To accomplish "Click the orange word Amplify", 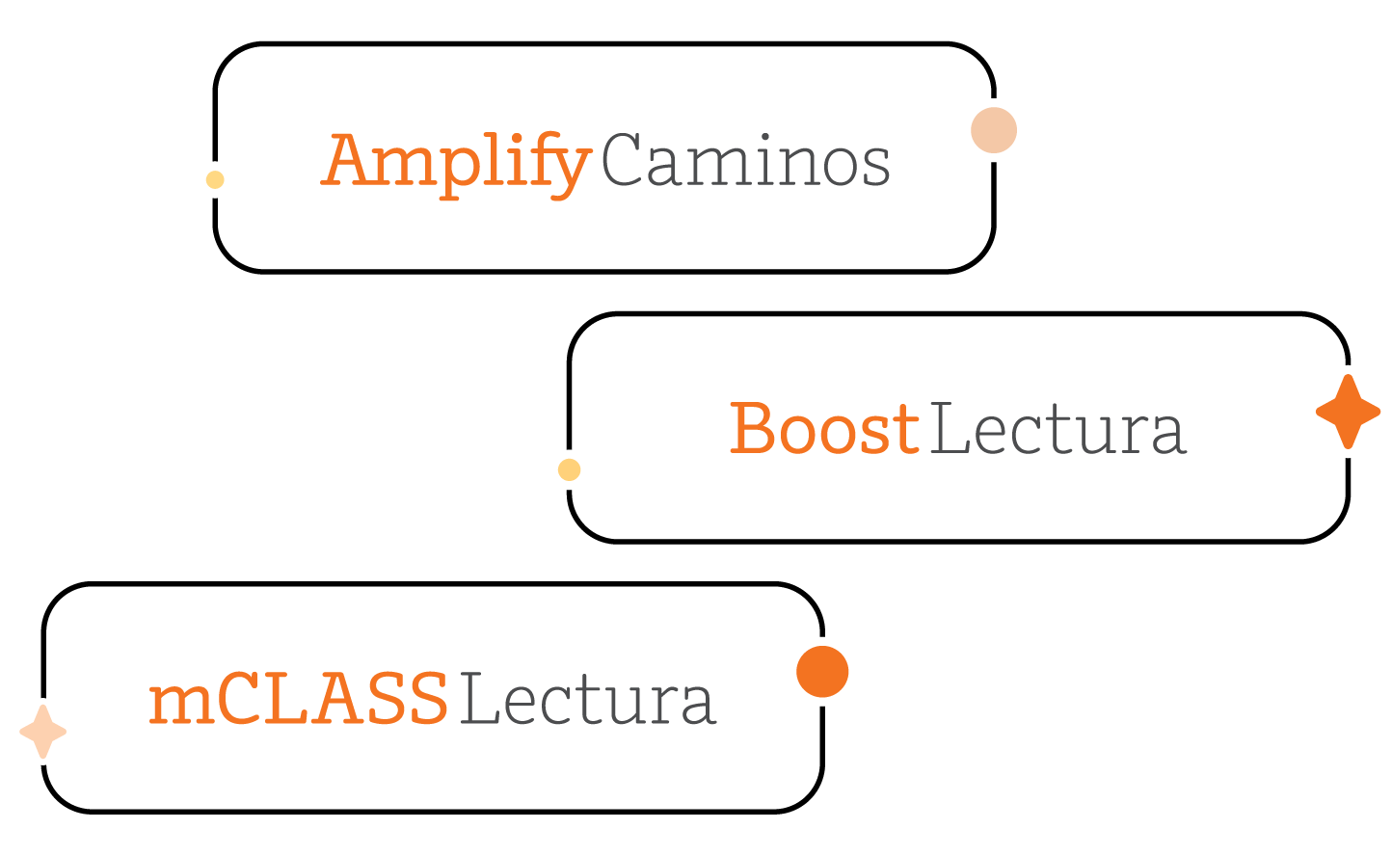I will pyautogui.click(x=455, y=162).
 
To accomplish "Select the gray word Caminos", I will pyautogui.click(x=745, y=161).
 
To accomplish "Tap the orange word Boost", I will pyautogui.click(x=824, y=429).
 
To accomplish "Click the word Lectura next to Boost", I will pyautogui.click(x=1057, y=430).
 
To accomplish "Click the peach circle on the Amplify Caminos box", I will pyautogui.click(x=994, y=130).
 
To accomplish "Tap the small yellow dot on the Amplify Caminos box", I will pyautogui.click(x=215, y=179).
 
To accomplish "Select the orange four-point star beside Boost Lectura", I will pyautogui.click(x=1348, y=412).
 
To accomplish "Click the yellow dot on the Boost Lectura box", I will pyautogui.click(x=570, y=469).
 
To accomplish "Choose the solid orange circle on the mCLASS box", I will pyautogui.click(x=822, y=671).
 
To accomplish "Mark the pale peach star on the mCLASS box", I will pyautogui.click(x=43, y=732).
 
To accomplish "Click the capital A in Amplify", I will pyautogui.click(x=347, y=160).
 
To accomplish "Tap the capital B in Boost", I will pyautogui.click(x=754, y=429).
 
